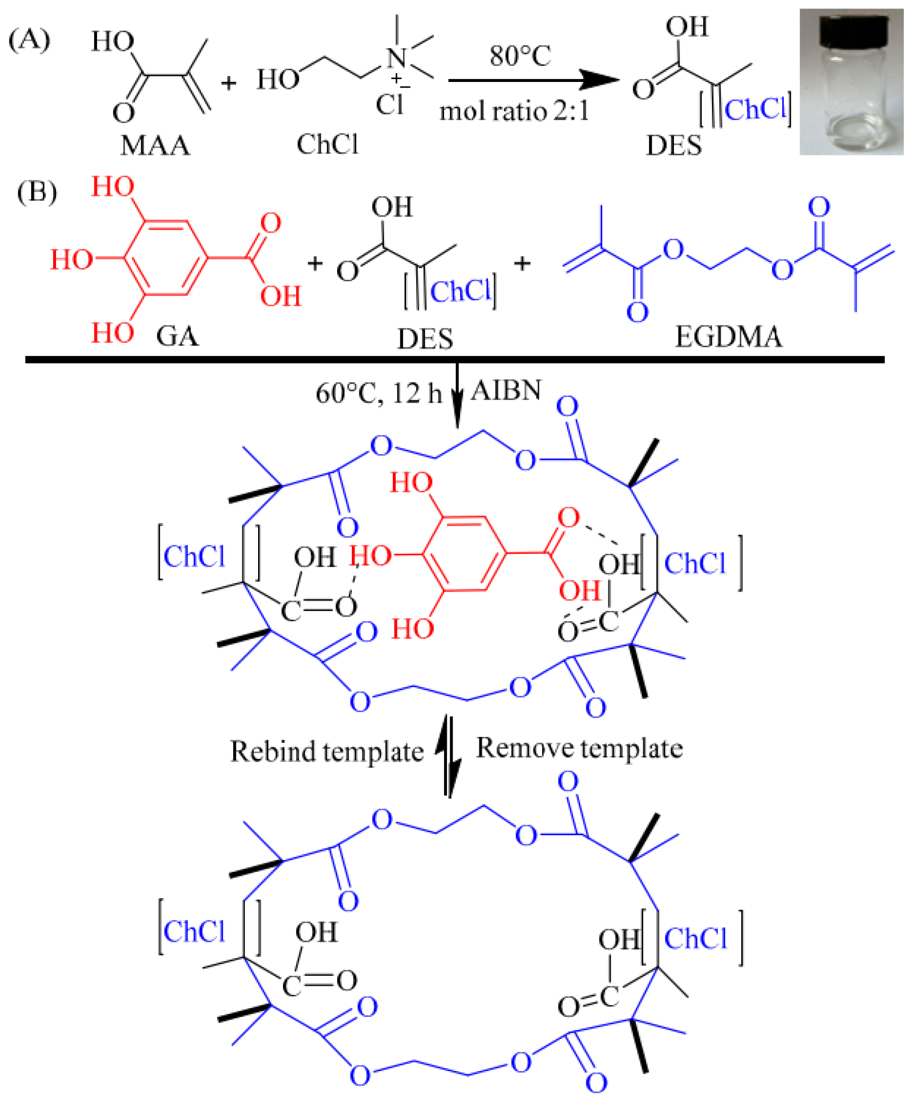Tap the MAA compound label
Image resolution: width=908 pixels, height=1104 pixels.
[x=155, y=146]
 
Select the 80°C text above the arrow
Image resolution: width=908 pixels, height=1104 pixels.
[x=520, y=56]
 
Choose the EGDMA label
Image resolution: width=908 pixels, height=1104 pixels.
[x=729, y=337]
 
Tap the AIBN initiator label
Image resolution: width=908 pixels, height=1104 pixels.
[x=506, y=390]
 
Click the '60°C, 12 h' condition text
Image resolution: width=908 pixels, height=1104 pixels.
[x=378, y=393]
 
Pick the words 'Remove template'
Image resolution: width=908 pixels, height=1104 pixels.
[x=579, y=748]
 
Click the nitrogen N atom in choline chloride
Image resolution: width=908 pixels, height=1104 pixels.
[x=397, y=57]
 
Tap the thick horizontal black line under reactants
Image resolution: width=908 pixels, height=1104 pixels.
[x=455, y=359]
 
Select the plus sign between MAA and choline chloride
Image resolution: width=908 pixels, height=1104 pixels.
[x=228, y=82]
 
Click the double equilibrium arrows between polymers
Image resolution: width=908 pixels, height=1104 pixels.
[x=449, y=755]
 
